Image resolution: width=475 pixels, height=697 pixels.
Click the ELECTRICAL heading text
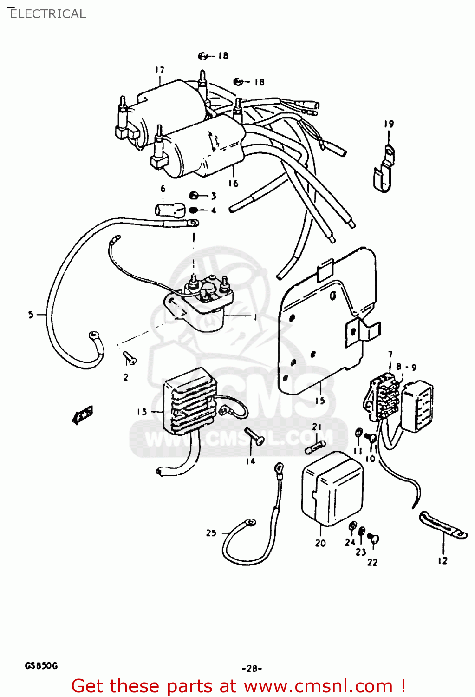[x=47, y=14]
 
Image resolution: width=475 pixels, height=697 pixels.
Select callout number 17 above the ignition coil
[x=159, y=70]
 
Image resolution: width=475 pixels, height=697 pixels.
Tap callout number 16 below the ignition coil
[x=233, y=184]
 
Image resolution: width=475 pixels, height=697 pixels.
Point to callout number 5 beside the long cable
[x=31, y=315]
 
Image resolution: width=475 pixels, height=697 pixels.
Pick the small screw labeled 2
[x=129, y=358]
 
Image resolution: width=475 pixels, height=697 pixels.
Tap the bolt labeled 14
[x=254, y=436]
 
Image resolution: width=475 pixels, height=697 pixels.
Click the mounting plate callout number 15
[x=320, y=401]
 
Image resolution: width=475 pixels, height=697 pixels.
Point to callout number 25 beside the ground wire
[x=211, y=533]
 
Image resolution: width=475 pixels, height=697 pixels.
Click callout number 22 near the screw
[x=372, y=562]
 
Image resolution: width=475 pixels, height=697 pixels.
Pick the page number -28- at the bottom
[x=252, y=669]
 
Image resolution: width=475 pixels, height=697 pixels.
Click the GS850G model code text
[x=41, y=666]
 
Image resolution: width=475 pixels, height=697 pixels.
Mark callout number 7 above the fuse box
[x=390, y=355]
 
